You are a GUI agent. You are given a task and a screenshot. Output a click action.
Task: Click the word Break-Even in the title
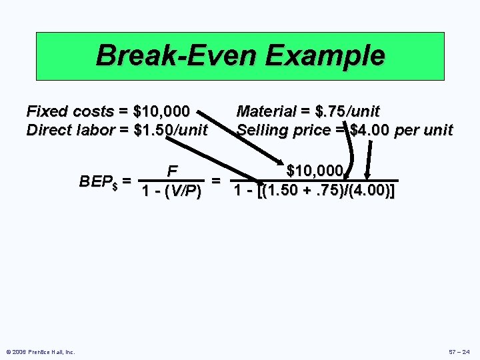(x=177, y=55)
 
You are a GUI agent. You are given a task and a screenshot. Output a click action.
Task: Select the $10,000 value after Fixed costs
(x=161, y=110)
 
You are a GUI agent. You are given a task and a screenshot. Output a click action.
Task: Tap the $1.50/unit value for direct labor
(x=171, y=129)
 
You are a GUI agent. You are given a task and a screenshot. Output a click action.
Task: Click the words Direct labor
(x=69, y=129)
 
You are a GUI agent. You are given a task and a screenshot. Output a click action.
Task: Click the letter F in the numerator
(x=172, y=170)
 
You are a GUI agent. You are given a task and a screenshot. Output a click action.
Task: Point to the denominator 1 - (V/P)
(x=172, y=191)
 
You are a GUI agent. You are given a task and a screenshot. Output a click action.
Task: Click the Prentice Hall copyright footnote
(x=41, y=351)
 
